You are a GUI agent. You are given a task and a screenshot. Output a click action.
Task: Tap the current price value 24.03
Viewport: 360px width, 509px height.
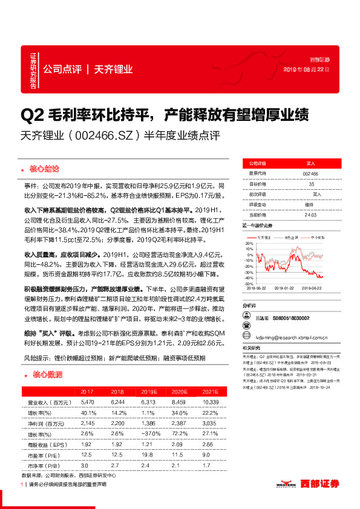311,214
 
